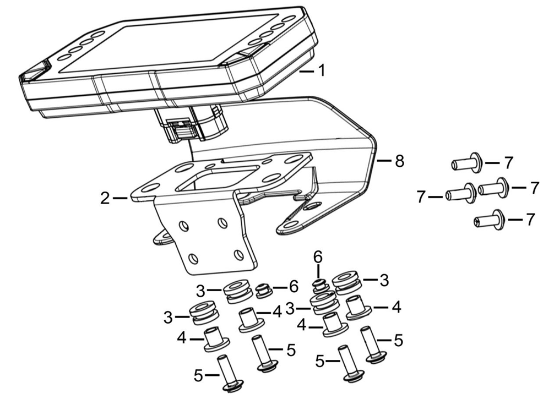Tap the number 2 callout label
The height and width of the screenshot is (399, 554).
105,199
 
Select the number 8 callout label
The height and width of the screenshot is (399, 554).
399,161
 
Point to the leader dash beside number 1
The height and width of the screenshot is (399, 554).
306,72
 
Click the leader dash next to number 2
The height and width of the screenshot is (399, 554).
120,199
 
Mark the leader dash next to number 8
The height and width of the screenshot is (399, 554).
384,161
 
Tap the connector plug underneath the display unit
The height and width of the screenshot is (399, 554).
182,129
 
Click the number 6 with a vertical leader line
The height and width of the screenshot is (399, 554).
318,258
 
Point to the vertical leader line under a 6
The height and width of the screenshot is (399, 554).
318,272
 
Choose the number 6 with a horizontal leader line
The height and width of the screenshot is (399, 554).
294,287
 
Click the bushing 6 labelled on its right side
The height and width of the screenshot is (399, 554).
263,290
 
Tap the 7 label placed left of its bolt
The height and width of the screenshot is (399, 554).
420,196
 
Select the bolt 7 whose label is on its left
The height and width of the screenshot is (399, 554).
459,193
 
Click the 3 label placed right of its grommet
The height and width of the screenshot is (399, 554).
384,281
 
